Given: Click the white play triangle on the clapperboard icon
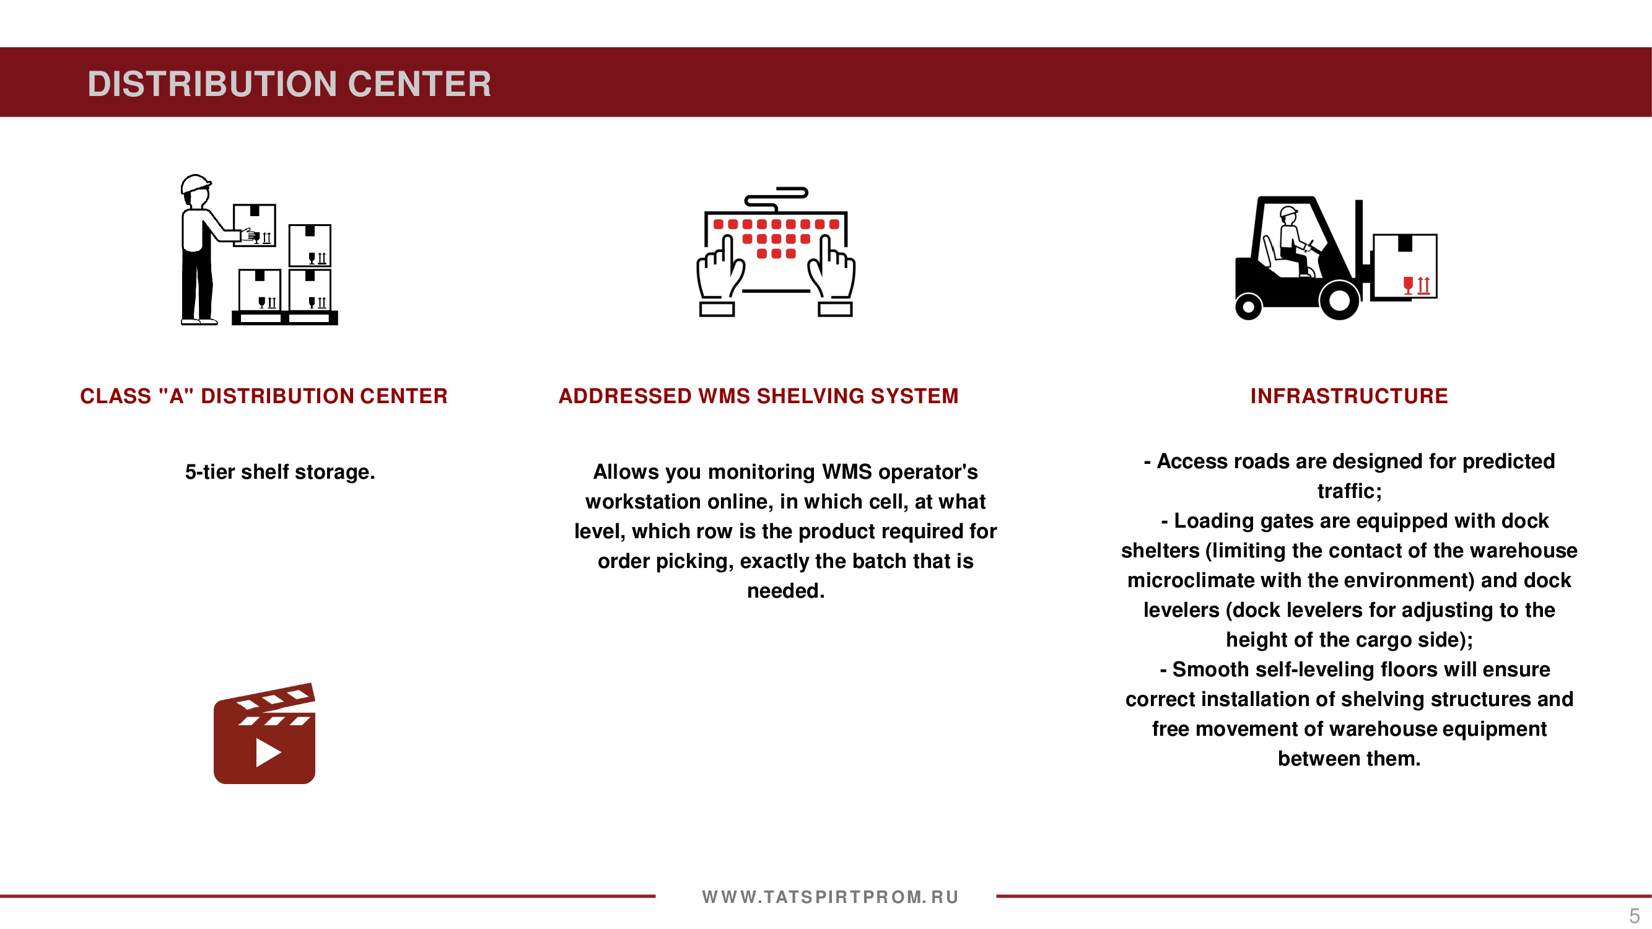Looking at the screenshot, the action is [268, 752].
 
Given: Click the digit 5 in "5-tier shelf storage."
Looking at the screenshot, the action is [190, 472].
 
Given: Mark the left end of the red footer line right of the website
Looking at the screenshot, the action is [997, 896].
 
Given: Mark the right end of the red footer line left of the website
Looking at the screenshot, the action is [655, 896].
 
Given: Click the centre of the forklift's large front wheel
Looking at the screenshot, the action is [1339, 299].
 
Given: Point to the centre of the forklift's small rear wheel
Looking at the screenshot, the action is [1249, 307].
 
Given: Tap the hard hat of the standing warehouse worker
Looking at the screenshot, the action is [195, 183].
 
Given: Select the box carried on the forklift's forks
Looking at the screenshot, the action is [1405, 266].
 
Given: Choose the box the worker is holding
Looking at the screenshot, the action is [255, 225].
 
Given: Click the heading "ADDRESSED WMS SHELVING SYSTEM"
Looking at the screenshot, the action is [758, 396].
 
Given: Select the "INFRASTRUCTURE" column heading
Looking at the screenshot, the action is [1349, 396].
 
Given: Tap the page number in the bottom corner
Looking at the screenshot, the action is [1634, 915].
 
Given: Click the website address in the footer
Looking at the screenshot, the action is [830, 897].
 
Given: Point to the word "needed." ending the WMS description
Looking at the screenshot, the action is [785, 590].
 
